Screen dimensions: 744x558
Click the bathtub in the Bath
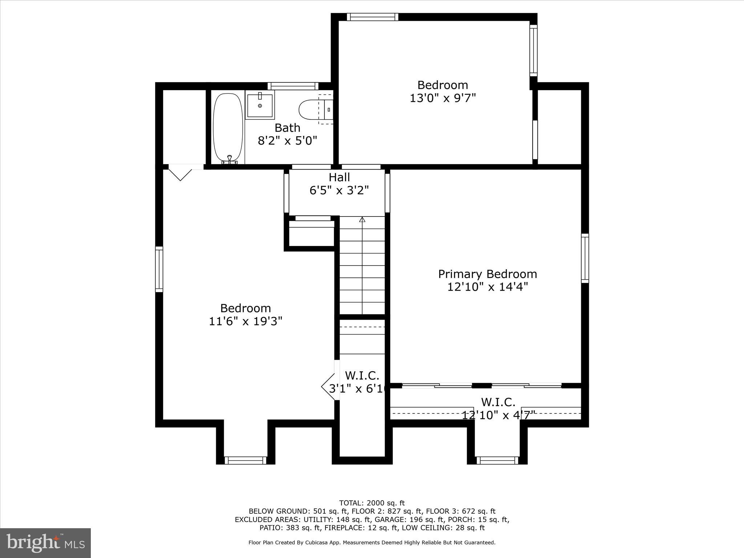228,128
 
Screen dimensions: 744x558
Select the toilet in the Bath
316,109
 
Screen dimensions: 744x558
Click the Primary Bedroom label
488,274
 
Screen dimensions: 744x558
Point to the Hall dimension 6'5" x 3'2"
339,190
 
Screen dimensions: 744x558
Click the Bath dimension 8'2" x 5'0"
288,141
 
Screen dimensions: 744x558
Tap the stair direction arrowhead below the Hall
362,219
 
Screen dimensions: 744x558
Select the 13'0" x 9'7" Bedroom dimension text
443,98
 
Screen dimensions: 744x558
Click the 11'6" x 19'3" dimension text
246,321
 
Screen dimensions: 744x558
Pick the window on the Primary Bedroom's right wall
585,258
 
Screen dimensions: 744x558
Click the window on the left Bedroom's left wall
159,269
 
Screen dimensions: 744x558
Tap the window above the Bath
293,86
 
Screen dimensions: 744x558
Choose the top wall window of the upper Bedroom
372,17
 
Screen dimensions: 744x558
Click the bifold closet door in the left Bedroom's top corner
180,173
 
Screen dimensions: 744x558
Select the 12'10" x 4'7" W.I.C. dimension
499,415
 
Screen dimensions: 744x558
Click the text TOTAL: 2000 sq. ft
372,503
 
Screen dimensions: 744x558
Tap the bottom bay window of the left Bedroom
246,460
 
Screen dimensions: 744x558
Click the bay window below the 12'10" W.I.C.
497,460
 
